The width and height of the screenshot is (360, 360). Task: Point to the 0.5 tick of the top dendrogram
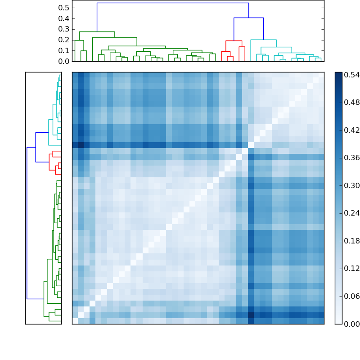tap(64, 8)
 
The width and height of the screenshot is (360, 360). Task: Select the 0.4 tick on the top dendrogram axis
tap(64, 18)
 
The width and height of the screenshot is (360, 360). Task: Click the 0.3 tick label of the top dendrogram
tap(64, 29)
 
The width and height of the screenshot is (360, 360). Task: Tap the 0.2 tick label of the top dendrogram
tap(64, 40)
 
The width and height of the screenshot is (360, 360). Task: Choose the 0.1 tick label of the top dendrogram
tap(64, 50)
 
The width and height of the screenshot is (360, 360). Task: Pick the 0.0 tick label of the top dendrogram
tap(64, 61)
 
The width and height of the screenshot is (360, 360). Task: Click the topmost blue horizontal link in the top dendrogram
tap(172, 3)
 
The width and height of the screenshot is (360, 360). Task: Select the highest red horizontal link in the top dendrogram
tap(234, 41)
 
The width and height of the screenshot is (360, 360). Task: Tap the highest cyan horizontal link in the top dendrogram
tap(257, 40)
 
